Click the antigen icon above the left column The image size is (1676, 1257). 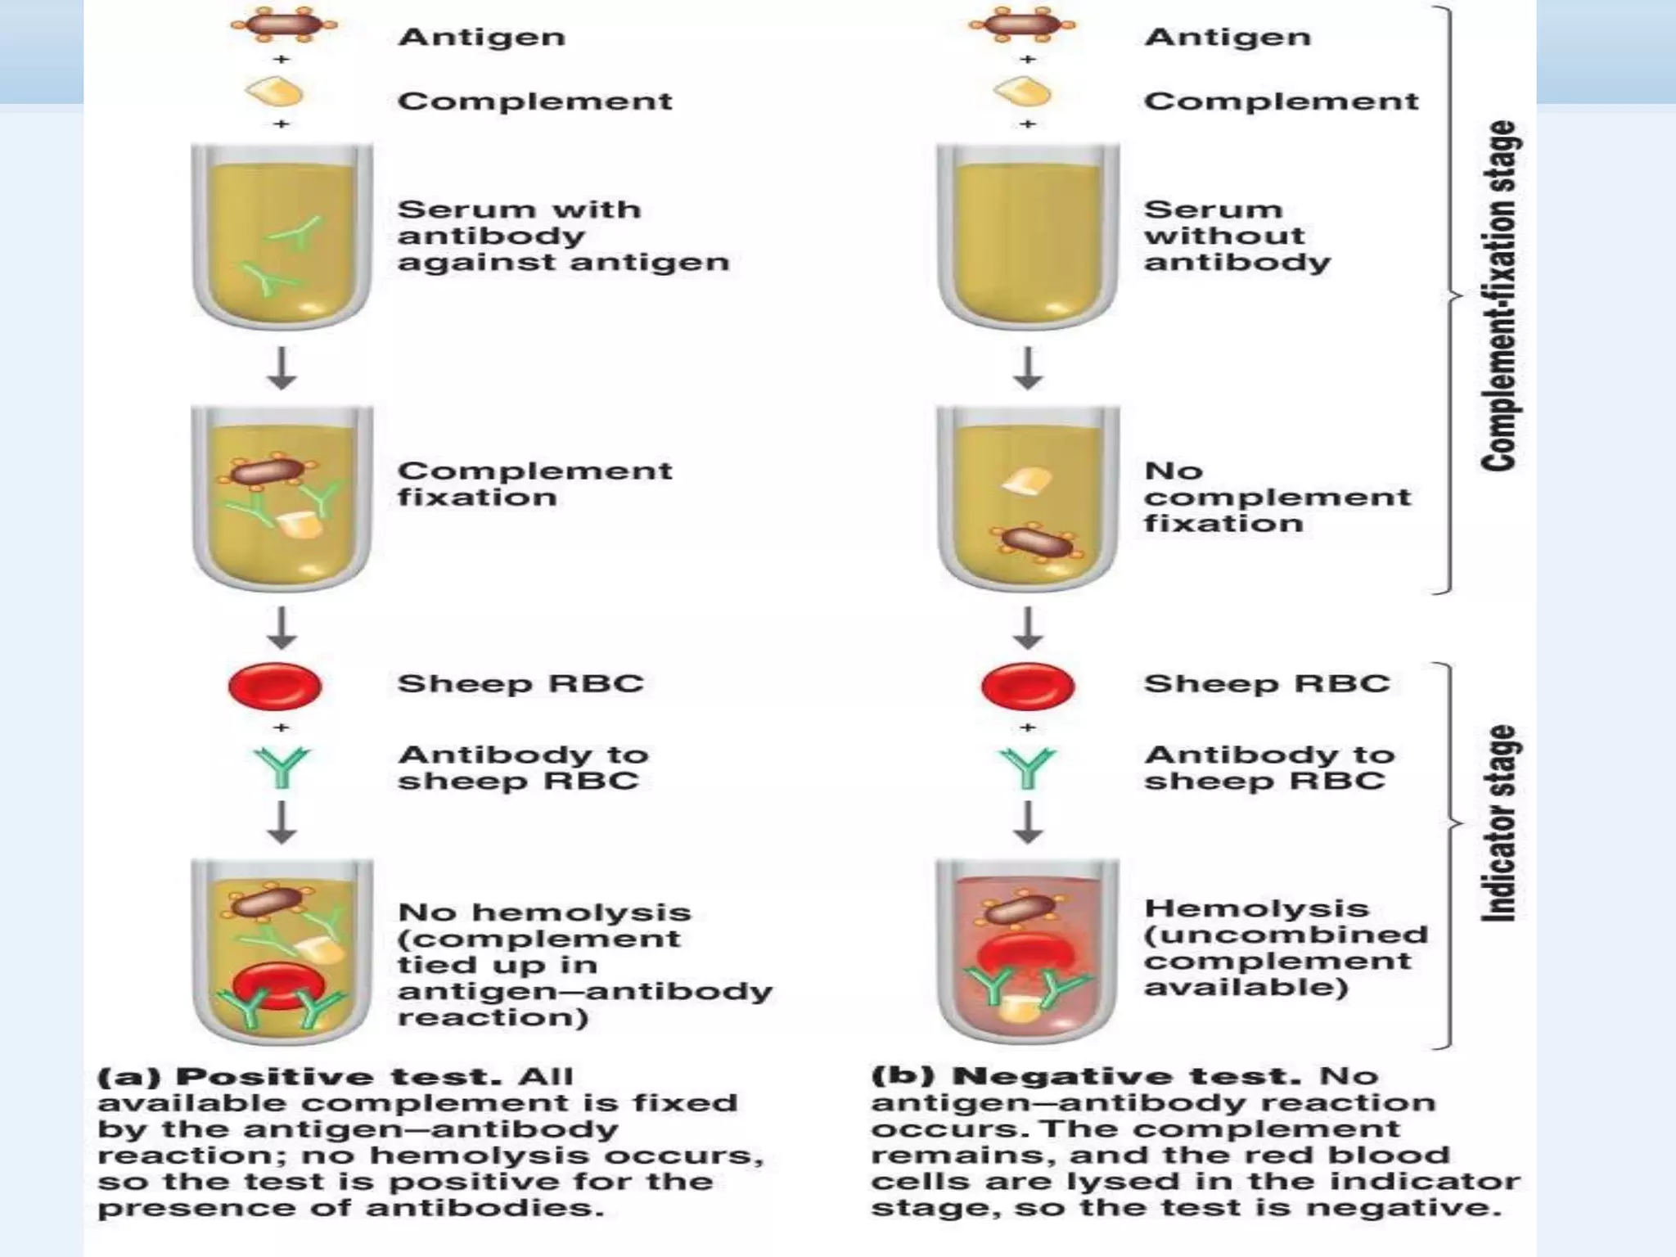point(282,24)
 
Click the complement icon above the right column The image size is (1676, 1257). point(1023,92)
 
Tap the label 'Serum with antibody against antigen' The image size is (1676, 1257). point(561,236)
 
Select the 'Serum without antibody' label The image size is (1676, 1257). point(1236,236)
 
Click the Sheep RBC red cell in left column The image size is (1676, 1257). point(275,686)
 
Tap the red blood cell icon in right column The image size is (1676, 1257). point(1028,686)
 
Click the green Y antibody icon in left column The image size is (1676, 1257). point(282,768)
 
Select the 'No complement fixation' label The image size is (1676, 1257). point(1277,497)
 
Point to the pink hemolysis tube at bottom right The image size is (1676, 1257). point(1028,953)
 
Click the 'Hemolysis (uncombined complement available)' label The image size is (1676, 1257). point(1285,948)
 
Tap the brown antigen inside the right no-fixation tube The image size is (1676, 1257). point(1038,543)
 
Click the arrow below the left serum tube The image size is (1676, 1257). point(282,368)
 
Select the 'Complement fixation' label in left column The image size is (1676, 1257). point(534,484)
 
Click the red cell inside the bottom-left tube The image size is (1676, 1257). point(279,984)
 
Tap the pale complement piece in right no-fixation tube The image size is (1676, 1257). point(1028,481)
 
